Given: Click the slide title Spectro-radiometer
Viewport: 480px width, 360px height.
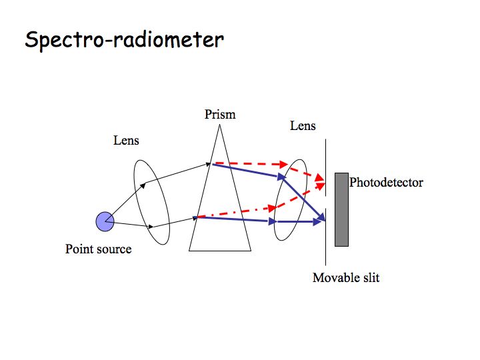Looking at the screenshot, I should tap(124, 39).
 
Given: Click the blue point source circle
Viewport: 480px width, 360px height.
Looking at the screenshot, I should tap(105, 221).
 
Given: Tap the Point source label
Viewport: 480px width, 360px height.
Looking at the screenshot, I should tap(98, 249).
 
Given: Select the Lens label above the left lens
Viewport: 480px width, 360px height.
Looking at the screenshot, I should tap(127, 141).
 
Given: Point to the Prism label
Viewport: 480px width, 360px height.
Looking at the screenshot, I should tap(220, 115).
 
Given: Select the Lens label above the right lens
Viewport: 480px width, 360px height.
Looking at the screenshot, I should tap(303, 125).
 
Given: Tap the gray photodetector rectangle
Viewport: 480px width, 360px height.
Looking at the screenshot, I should tap(341, 209).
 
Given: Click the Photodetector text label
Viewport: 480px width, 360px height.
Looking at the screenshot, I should tap(386, 182).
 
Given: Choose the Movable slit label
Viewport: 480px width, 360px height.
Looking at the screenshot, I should tap(346, 277).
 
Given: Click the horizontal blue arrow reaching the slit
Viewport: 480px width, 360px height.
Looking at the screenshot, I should tap(300, 221).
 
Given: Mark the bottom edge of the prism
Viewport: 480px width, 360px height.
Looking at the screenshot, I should tap(220, 251).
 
